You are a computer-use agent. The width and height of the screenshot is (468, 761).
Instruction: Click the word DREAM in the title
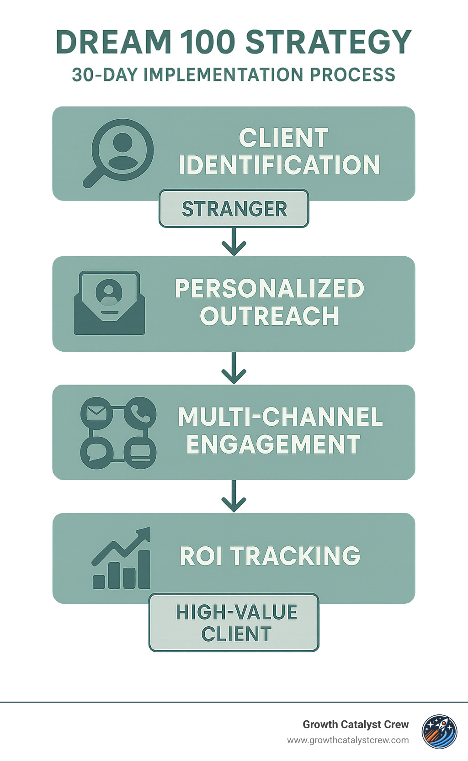(113, 42)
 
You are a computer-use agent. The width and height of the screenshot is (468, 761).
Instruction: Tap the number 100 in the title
(208, 42)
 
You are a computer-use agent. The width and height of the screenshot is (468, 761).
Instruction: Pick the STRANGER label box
(234, 209)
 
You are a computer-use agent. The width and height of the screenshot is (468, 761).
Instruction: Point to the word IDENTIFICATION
(279, 165)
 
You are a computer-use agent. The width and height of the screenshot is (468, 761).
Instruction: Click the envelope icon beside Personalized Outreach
(109, 303)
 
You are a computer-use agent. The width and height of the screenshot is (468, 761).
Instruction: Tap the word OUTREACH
(269, 316)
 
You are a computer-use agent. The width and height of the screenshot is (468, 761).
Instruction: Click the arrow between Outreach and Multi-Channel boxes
(234, 368)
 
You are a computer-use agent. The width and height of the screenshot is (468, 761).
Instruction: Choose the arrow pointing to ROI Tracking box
(234, 496)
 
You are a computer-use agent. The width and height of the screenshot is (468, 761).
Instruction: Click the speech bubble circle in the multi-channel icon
(96, 452)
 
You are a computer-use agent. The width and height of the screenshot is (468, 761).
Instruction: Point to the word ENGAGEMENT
(273, 444)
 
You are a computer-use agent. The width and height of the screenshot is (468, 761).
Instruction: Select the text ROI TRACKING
(270, 556)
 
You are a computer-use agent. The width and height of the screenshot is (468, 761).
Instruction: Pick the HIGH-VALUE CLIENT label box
(234, 623)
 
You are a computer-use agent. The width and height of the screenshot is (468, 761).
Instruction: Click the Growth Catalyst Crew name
(356, 724)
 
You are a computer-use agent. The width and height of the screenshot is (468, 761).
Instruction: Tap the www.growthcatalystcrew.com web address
(348, 740)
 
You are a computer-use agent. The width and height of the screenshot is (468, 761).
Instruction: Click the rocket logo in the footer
(439, 732)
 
